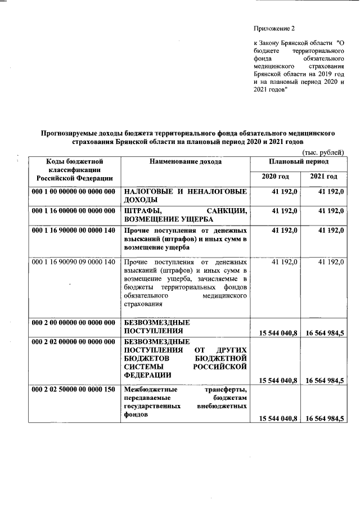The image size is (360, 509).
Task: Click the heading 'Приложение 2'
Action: coord(274,28)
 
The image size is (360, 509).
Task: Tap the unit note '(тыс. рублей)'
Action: coord(323,153)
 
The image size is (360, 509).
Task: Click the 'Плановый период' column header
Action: coord(299,162)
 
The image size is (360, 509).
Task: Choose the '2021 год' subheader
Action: coord(323,177)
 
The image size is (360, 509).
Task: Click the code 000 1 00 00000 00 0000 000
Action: coord(73,192)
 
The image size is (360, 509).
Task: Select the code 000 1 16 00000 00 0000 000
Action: coord(73,210)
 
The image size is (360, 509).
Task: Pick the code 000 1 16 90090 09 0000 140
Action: coord(73,262)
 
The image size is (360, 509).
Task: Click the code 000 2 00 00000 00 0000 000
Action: coord(73,323)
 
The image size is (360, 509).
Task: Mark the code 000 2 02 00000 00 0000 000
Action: coord(73,341)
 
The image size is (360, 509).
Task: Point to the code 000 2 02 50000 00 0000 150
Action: coord(73,389)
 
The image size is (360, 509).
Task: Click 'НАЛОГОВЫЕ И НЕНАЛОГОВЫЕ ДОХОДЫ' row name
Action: coord(185,196)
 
